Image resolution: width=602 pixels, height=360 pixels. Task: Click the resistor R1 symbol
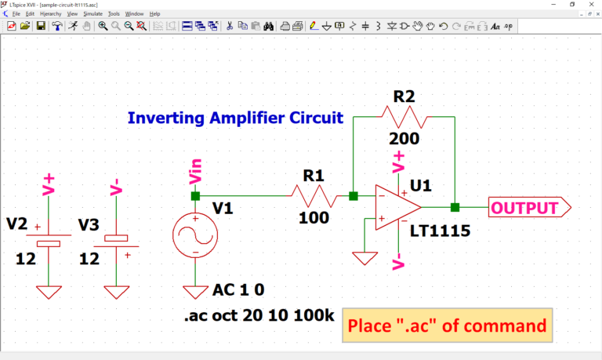click(x=314, y=195)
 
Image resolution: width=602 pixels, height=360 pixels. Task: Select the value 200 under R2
click(x=404, y=139)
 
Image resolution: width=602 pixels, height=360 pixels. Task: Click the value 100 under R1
click(x=314, y=217)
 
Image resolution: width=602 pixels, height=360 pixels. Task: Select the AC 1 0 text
click(x=241, y=290)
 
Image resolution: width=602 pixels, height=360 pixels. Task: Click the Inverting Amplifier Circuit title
click(x=235, y=118)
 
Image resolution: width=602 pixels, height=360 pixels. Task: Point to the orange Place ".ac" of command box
click(x=447, y=325)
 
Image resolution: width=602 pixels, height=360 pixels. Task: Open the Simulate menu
click(x=93, y=13)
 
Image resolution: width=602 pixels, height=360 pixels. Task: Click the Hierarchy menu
click(x=50, y=13)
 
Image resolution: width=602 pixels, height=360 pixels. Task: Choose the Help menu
click(x=154, y=13)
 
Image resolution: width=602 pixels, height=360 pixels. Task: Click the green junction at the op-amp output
click(x=455, y=208)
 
